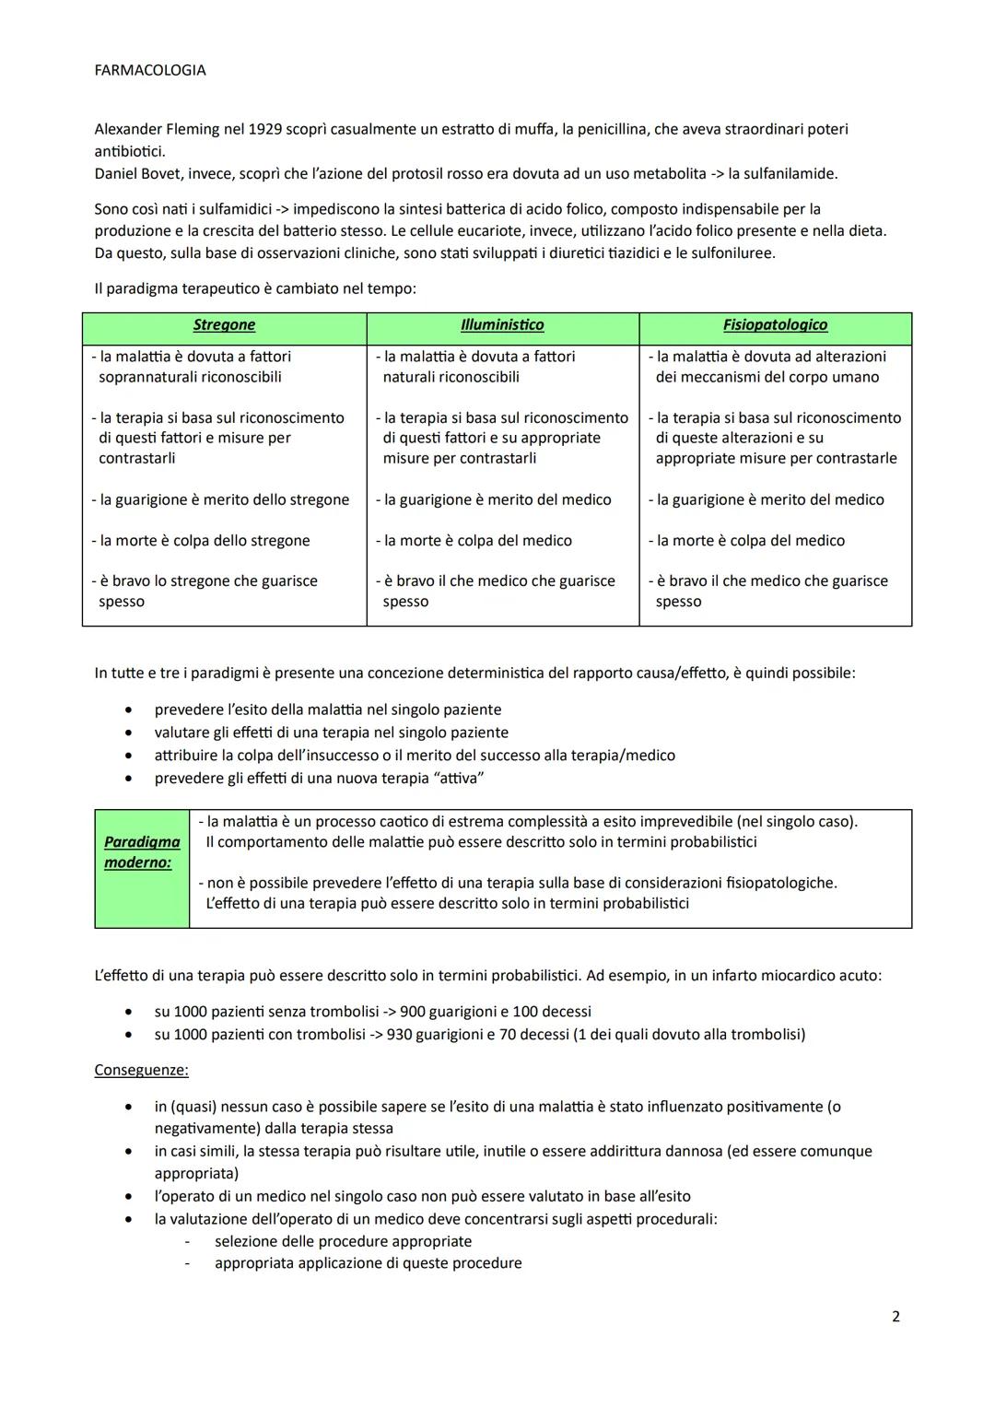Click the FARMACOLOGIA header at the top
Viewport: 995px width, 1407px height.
click(149, 70)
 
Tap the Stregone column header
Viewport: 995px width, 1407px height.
click(224, 324)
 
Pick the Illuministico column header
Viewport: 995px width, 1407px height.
click(502, 324)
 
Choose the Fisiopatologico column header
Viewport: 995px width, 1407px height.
click(775, 324)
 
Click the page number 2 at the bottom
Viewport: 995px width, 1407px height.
click(895, 1317)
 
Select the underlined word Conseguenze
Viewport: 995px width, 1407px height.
click(141, 1070)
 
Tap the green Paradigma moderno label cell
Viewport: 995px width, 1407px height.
click(142, 852)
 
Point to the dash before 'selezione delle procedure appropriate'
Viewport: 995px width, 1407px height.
click(189, 1241)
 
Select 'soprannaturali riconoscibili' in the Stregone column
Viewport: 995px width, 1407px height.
click(190, 377)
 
